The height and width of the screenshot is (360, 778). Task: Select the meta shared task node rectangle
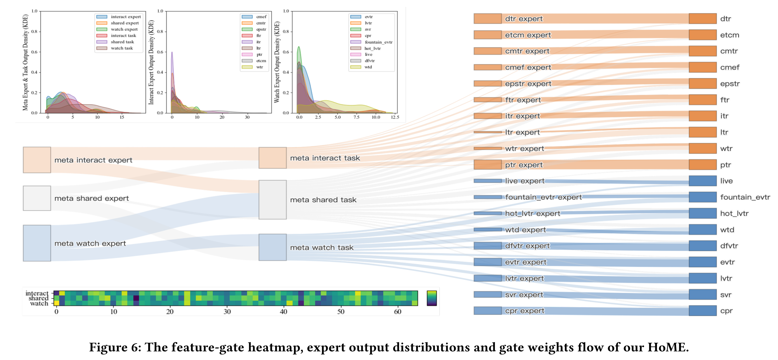click(x=272, y=200)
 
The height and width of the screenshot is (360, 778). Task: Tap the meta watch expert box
click(x=37, y=243)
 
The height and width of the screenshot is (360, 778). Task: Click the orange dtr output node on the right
click(x=703, y=19)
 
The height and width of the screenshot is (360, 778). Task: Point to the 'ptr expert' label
click(x=524, y=165)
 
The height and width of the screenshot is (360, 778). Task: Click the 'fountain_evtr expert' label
click(x=543, y=197)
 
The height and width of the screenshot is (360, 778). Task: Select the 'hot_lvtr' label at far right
click(x=734, y=214)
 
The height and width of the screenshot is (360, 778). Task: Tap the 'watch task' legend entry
click(x=122, y=48)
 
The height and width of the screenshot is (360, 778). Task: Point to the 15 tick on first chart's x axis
click(x=122, y=117)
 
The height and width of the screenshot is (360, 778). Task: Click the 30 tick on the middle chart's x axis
click(x=247, y=117)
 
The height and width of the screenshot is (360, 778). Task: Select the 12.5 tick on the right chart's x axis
click(x=395, y=117)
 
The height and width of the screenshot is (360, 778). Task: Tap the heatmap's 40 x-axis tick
click(x=283, y=312)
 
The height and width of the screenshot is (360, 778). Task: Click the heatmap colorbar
click(x=432, y=298)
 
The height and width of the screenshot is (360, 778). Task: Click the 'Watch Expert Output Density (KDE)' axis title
click(x=277, y=62)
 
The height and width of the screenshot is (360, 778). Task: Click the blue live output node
click(x=703, y=181)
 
